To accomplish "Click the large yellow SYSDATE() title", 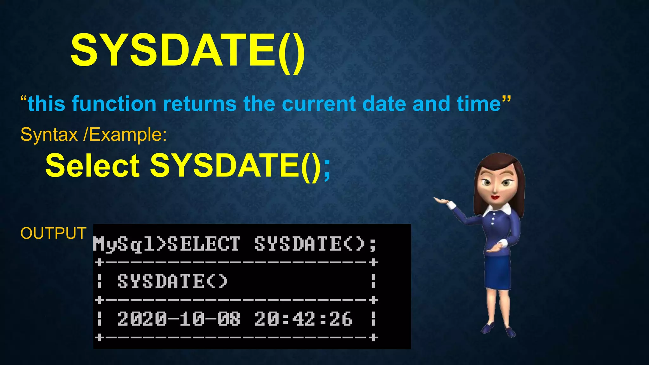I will (188, 51).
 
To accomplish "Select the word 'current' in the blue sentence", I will (318, 104).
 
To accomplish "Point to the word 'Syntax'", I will (49, 135).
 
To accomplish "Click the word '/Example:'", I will (125, 135).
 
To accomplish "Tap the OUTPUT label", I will (53, 233).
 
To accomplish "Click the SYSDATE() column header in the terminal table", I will (173, 281).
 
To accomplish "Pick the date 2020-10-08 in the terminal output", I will (179, 319).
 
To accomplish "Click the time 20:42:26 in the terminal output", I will (303, 319).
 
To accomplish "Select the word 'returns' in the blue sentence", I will (200, 104).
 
